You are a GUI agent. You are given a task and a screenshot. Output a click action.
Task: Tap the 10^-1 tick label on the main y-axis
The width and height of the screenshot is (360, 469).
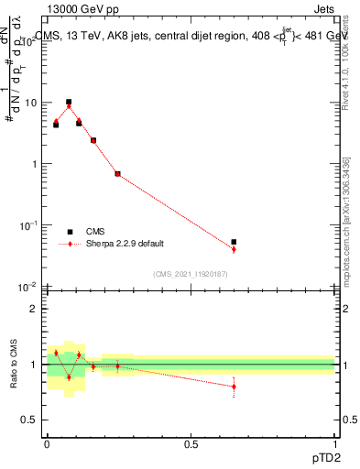[x=28, y=225]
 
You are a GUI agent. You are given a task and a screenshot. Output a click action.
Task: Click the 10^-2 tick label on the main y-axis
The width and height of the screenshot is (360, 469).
[x=28, y=287]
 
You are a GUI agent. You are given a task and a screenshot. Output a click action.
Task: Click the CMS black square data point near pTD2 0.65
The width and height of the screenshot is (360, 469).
[x=234, y=242]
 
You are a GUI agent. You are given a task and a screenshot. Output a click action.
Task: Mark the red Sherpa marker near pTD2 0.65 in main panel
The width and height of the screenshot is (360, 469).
[x=234, y=249]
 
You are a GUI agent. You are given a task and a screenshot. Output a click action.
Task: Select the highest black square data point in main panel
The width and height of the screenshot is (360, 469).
[x=69, y=102]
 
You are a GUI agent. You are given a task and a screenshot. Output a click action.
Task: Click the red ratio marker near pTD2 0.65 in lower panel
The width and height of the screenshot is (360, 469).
[x=234, y=387]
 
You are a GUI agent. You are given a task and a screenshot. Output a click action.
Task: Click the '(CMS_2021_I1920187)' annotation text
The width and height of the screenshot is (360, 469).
[x=191, y=273]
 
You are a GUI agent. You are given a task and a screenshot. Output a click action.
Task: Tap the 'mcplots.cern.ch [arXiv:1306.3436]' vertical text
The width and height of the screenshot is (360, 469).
[x=345, y=221]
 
